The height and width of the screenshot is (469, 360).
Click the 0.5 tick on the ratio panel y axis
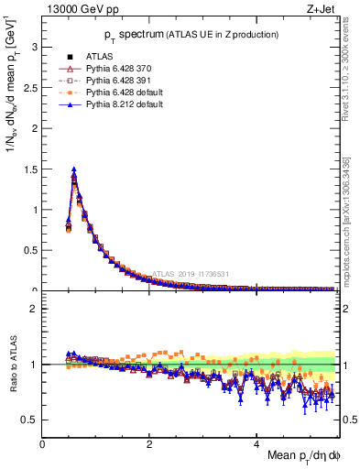[x=31, y=420]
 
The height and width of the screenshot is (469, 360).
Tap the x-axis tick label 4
[x=257, y=443]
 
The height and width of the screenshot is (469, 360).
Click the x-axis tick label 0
[x=43, y=443]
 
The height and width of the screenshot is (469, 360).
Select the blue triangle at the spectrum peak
[x=73, y=169]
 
